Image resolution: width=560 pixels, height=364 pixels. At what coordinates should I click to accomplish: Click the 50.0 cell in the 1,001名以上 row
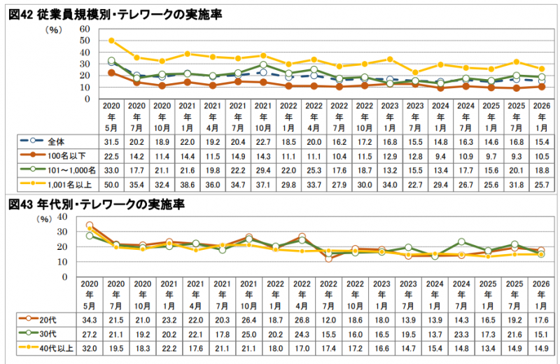coord(111,185)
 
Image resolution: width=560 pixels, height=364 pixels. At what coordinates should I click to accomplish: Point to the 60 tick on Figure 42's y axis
coord(85,29)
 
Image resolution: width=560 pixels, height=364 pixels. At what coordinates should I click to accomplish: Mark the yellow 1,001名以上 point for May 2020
coord(111,41)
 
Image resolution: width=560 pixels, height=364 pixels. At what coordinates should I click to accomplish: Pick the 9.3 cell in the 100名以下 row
coord(514,155)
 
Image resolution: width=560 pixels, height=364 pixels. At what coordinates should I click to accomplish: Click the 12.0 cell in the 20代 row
coord(328,320)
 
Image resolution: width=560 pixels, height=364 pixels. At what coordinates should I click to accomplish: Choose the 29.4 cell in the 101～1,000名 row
coord(263,170)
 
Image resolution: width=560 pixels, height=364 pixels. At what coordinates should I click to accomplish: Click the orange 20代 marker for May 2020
coord(90,226)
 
